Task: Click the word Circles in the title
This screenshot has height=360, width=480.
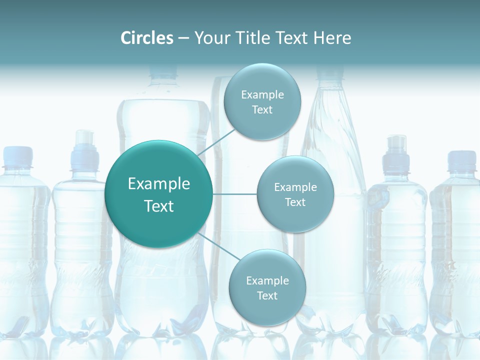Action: pyautogui.click(x=147, y=38)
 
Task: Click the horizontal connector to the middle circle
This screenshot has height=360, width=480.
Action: pyautogui.click(x=234, y=194)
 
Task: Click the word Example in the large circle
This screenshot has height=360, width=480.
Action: pyautogui.click(x=159, y=184)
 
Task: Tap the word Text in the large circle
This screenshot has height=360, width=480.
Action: pyautogui.click(x=159, y=206)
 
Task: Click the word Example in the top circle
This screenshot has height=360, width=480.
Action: pyautogui.click(x=262, y=94)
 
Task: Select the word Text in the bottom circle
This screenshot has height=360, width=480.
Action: pyautogui.click(x=267, y=295)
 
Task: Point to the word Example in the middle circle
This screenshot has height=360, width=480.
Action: pyautogui.click(x=295, y=187)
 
